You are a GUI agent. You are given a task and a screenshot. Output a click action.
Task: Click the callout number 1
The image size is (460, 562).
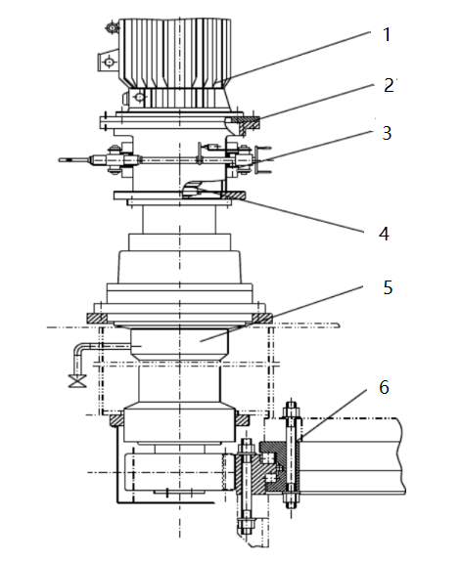(x=386, y=35)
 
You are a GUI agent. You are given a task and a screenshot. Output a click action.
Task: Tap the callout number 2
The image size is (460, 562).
(x=389, y=86)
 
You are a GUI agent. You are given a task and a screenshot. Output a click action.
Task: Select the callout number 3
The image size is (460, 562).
(x=387, y=133)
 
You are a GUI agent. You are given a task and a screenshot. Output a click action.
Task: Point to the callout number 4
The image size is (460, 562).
(x=384, y=234)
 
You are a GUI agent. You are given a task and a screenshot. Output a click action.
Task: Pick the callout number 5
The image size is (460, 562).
(x=388, y=287)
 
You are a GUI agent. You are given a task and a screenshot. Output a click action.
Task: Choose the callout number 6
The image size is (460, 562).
(x=384, y=387)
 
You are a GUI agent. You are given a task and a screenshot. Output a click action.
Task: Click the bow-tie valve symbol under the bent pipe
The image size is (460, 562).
(x=77, y=380)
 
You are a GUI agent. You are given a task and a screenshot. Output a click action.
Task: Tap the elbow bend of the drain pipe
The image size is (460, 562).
(x=78, y=348)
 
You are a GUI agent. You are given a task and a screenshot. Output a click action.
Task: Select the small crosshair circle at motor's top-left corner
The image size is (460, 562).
(x=113, y=28)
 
